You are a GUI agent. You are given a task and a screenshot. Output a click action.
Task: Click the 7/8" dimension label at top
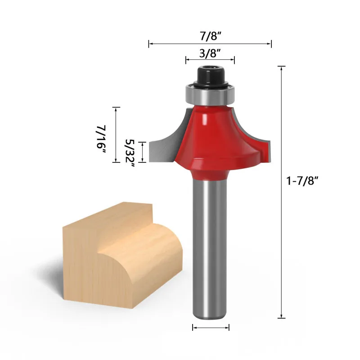(x=210, y=36)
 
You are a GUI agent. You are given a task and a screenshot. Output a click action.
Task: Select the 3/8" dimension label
(x=210, y=54)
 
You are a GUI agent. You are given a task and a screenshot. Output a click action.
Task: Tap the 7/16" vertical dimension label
(x=101, y=139)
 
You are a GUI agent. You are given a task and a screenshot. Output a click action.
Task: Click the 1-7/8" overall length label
(x=302, y=181)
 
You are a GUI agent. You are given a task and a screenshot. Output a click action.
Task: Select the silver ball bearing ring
(x=210, y=94)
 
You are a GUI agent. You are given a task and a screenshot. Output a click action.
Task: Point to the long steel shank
(x=210, y=248)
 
